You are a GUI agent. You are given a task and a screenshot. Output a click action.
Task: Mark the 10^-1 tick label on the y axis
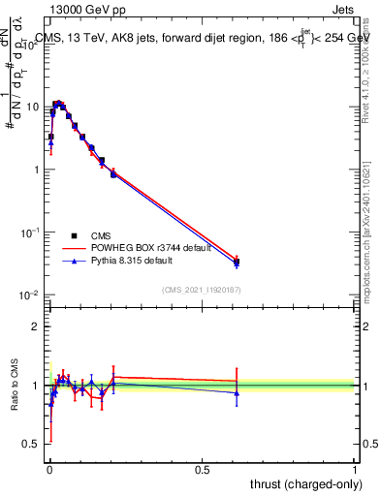tap(31, 232)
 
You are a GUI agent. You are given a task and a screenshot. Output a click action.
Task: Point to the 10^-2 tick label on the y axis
tap(31, 295)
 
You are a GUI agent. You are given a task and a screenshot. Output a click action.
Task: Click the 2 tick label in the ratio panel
tap(37, 326)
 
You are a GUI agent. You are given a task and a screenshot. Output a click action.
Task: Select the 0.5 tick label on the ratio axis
tap(33, 445)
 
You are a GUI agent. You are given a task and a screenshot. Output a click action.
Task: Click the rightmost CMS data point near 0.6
tap(237, 262)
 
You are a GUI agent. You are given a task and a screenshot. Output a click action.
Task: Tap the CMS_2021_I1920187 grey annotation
tap(202, 289)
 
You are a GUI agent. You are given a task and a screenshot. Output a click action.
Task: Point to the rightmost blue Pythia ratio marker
tap(237, 392)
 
